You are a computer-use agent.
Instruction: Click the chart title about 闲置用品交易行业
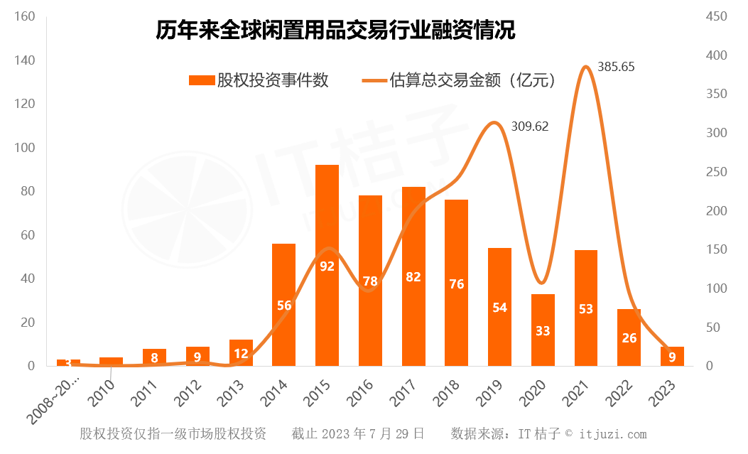pyautogui.click(x=335, y=31)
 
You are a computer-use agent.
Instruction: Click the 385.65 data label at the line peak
pyautogui.click(x=616, y=67)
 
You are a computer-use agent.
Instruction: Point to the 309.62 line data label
pyautogui.click(x=530, y=126)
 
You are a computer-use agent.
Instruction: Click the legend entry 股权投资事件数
pyautogui.click(x=259, y=80)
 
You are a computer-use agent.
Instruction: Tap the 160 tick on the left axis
pyautogui.click(x=25, y=16)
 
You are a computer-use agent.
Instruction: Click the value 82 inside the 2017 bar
pyautogui.click(x=413, y=277)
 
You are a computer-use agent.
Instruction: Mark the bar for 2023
pyautogui.click(x=673, y=356)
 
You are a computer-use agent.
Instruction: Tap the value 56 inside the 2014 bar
pyautogui.click(x=284, y=306)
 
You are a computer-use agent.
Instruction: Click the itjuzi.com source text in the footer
pyautogui.click(x=613, y=433)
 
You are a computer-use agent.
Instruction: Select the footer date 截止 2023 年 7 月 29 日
pyautogui.click(x=358, y=433)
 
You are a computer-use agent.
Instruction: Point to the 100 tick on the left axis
pyautogui.click(x=25, y=148)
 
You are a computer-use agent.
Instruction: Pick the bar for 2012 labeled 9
pyautogui.click(x=198, y=356)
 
